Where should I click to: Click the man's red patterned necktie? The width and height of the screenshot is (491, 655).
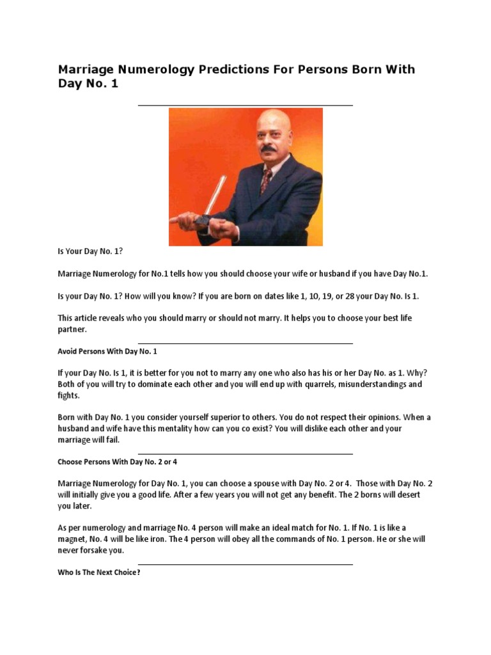click(x=265, y=180)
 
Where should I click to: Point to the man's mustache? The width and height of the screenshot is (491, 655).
click(x=269, y=150)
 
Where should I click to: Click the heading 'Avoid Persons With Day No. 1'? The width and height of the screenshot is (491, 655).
click(x=107, y=352)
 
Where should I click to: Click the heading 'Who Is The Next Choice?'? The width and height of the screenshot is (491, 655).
click(x=98, y=572)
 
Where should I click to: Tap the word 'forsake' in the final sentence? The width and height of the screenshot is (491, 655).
click(x=94, y=551)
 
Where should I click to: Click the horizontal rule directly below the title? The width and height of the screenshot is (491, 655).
click(x=245, y=106)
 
